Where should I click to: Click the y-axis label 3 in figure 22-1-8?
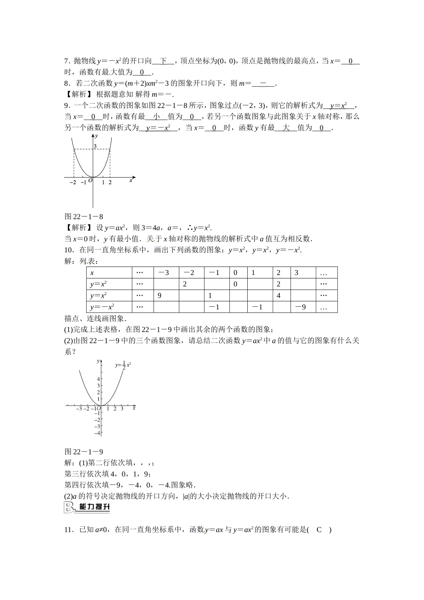tap(95, 146)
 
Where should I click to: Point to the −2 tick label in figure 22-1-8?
tap(73, 182)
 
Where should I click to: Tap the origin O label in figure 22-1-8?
tap(90, 180)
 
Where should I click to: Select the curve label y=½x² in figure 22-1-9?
tap(122, 365)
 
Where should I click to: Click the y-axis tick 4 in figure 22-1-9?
tap(98, 379)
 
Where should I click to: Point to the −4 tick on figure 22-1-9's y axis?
tap(97, 433)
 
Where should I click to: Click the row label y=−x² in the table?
tap(102, 307)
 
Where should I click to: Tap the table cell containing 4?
tap(278, 296)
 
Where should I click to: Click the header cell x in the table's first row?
tap(92, 273)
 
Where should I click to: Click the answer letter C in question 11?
tap(319, 530)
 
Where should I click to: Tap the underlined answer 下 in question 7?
tap(163, 61)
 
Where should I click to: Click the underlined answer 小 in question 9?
tap(157, 117)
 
